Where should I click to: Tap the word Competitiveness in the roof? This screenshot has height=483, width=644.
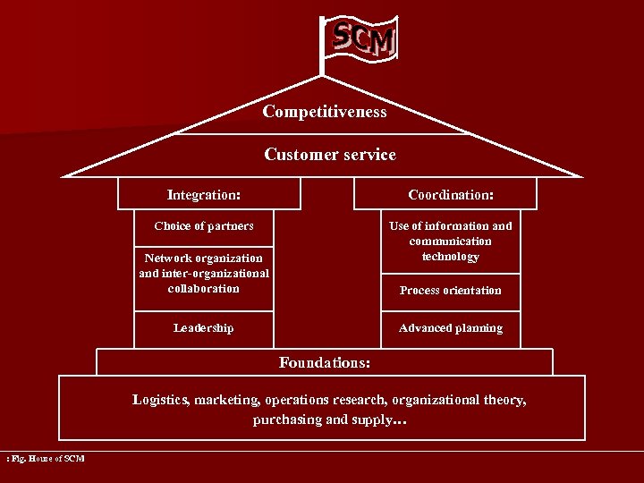pyautogui.click(x=325, y=112)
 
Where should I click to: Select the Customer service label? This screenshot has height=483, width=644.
pyautogui.click(x=330, y=155)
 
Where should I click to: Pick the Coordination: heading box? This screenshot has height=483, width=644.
pyautogui.click(x=451, y=194)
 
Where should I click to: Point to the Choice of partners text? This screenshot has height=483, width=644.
pyautogui.click(x=204, y=226)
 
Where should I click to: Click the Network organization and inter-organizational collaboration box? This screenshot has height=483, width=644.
pyautogui.click(x=204, y=274)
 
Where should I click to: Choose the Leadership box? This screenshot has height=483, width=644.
pyautogui.click(x=204, y=328)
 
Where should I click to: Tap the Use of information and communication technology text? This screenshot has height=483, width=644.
pyautogui.click(x=451, y=241)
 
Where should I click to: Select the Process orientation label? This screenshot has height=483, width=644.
pyautogui.click(x=451, y=291)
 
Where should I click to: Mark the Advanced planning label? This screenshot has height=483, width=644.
pyautogui.click(x=451, y=328)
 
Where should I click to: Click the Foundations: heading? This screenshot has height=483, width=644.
pyautogui.click(x=325, y=362)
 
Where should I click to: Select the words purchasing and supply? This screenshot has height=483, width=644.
pyautogui.click(x=324, y=419)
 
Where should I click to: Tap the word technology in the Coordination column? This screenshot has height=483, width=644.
pyautogui.click(x=451, y=257)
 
